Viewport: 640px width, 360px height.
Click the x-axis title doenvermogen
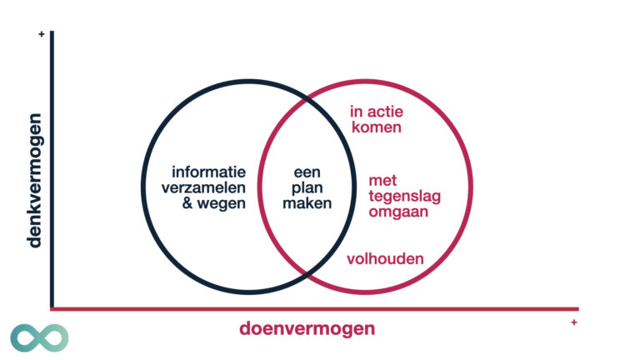point(307,328)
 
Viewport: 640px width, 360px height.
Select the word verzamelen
point(204,187)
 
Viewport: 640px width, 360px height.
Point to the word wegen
point(224,202)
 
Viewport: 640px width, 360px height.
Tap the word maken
point(307,202)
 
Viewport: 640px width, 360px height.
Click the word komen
point(376,127)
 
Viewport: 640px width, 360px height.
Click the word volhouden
point(385,258)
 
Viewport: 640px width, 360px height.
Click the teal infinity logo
point(39,337)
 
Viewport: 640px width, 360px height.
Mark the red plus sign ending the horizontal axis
point(574,322)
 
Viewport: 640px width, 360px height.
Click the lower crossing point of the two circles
point(306,273)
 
